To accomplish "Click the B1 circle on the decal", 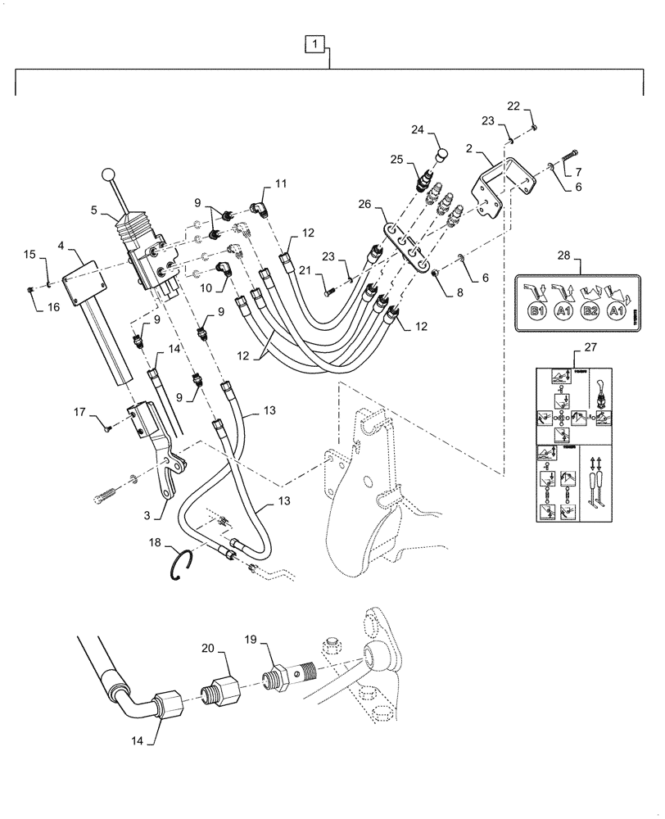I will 537,312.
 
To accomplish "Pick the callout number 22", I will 513,105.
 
